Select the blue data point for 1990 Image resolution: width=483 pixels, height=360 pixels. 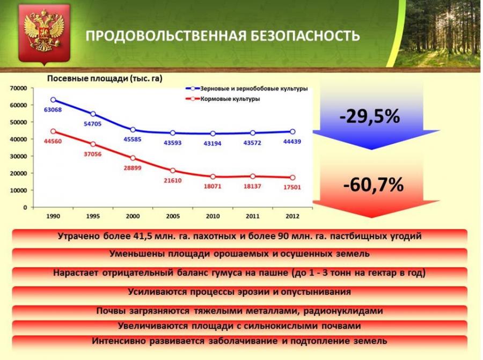(53, 100)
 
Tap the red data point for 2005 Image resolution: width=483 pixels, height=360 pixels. (173, 171)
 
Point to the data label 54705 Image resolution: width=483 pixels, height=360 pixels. (92, 124)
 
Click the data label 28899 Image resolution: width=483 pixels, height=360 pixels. (133, 168)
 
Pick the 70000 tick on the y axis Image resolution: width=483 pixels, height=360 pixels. (18, 88)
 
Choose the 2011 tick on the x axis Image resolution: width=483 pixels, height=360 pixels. (253, 216)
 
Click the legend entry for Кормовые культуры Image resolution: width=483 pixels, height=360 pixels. (223, 99)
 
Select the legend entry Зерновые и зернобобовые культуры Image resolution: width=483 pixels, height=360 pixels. (246, 89)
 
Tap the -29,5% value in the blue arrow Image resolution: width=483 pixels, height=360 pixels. (370, 116)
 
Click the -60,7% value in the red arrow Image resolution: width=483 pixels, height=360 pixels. (373, 185)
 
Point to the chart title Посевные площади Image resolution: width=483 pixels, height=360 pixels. (88, 78)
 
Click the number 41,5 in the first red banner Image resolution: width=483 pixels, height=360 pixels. (143, 236)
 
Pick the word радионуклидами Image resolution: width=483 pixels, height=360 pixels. (343, 311)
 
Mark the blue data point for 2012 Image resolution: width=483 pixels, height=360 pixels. (292, 132)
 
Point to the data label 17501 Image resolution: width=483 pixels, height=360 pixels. (292, 187)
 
